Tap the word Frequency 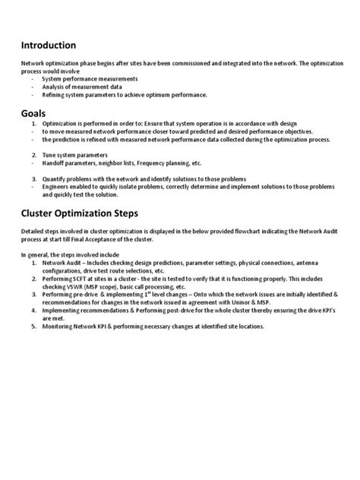(x=150, y=163)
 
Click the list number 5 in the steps (x=33, y=327)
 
